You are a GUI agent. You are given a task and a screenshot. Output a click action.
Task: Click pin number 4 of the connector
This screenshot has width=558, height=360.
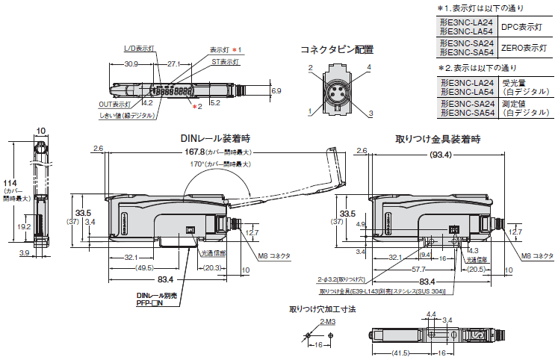[x=368, y=66]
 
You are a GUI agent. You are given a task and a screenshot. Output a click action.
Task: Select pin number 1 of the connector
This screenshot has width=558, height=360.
[x=309, y=111]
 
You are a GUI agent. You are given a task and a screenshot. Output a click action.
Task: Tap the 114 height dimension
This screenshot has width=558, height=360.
[x=10, y=184]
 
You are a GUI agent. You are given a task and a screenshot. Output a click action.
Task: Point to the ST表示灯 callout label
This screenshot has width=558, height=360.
[x=225, y=62]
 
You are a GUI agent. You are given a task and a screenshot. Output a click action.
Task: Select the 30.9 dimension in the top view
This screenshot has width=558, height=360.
[x=132, y=64]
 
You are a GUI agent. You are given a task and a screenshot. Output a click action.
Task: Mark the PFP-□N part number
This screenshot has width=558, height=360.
[x=152, y=304]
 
